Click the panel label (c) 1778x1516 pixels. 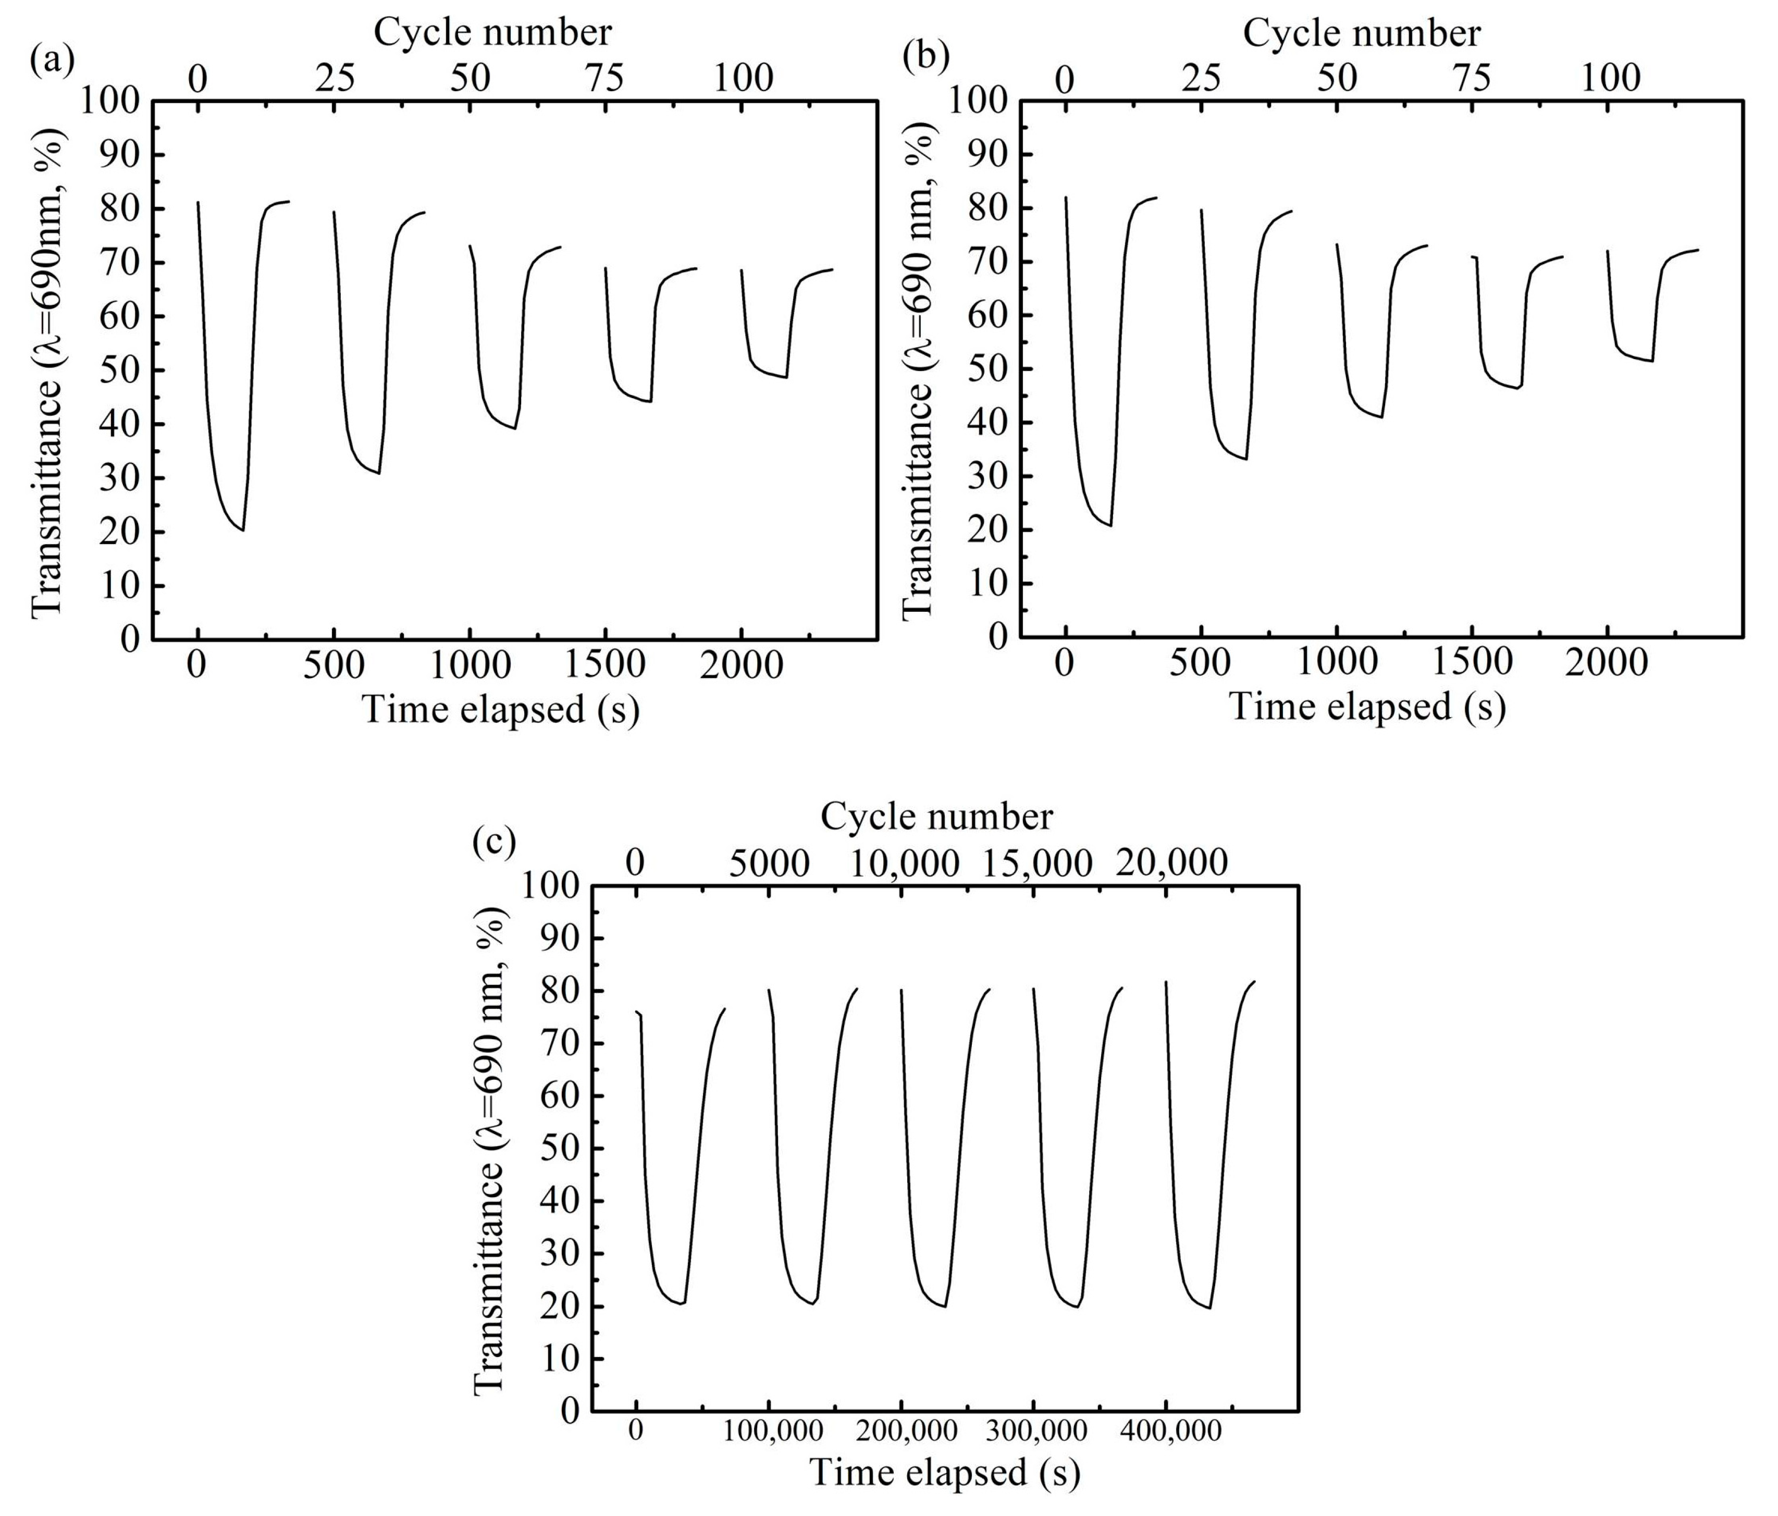point(495,843)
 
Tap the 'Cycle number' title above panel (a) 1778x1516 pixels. point(492,33)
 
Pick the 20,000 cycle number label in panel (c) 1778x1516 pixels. point(1172,863)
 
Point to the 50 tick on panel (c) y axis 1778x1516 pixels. point(561,1148)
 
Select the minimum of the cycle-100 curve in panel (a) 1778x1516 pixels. point(786,377)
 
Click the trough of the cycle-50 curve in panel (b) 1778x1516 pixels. point(1381,417)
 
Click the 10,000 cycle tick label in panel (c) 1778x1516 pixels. point(905,863)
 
